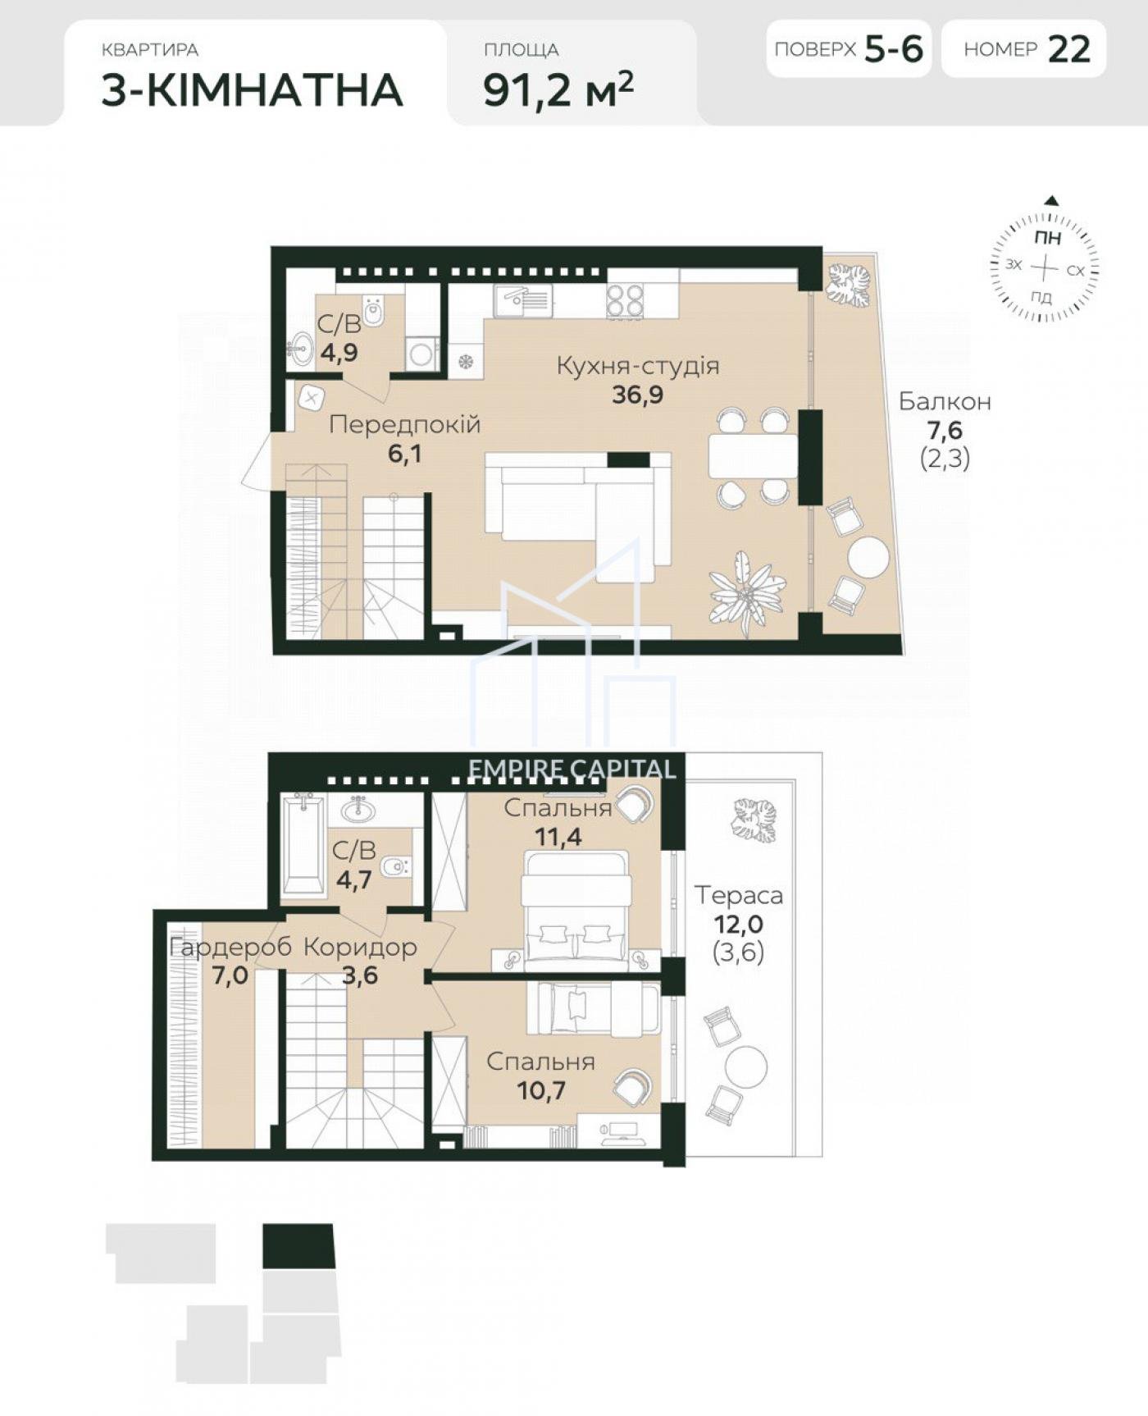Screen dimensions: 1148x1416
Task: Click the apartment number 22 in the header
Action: [x=1069, y=49]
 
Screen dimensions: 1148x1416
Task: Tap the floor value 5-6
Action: [x=895, y=49]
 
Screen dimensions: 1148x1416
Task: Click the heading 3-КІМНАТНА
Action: [x=253, y=89]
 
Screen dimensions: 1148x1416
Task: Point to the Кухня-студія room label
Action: [x=638, y=365]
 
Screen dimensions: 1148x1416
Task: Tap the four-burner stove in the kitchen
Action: [x=625, y=301]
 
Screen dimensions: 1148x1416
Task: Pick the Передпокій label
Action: [x=404, y=424]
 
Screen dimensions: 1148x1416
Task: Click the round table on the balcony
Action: [x=868, y=558]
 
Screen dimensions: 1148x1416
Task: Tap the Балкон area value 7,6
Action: [x=945, y=429]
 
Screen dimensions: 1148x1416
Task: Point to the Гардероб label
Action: [x=230, y=947]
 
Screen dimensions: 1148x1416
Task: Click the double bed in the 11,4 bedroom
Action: [x=577, y=906]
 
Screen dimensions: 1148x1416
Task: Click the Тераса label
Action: [x=739, y=894]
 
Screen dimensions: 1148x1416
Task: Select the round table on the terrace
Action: [x=746, y=1067]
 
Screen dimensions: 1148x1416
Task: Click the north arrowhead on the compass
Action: [x=1052, y=200]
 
